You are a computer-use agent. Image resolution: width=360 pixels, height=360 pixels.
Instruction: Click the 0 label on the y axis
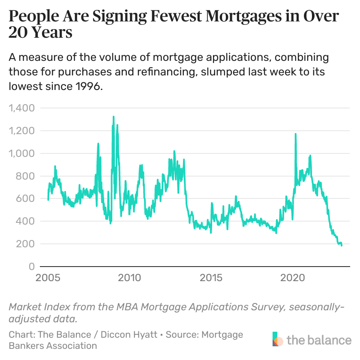pyautogui.click(x=31, y=267)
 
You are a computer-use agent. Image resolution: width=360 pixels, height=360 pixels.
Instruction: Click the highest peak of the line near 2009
pyautogui.click(x=114, y=116)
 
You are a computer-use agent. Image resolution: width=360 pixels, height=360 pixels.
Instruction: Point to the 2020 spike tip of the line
pyautogui.click(x=295, y=134)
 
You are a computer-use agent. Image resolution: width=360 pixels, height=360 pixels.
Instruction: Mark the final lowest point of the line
pyautogui.click(x=342, y=246)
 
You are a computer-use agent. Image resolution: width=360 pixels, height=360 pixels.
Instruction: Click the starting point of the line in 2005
pyautogui.click(x=48, y=200)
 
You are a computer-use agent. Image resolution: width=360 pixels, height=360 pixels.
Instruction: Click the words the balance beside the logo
pyautogui.click(x=319, y=340)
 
